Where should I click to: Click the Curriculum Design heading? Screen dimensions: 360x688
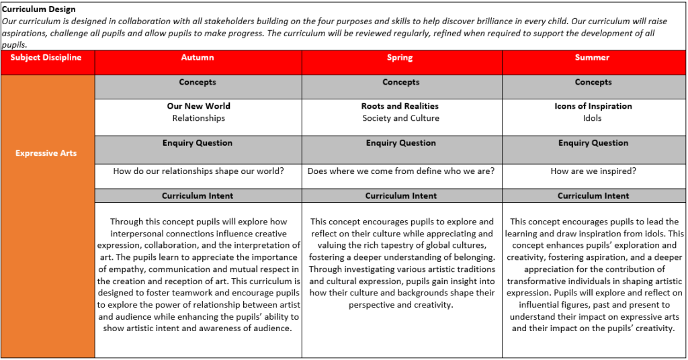tap(38, 9)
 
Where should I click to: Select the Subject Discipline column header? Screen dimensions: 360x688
tap(46, 58)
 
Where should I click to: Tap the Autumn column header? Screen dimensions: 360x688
tap(198, 58)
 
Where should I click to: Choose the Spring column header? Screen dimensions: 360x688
tap(400, 58)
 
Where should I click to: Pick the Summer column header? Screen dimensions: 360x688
tap(593, 58)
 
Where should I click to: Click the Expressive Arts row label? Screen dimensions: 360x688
tap(46, 153)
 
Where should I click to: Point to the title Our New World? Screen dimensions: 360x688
tap(198, 106)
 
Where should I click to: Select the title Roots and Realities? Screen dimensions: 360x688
tap(400, 106)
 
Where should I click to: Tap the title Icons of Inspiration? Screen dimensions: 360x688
tap(593, 106)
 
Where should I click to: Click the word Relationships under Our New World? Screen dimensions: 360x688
tap(198, 118)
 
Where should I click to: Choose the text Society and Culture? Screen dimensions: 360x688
tap(400, 118)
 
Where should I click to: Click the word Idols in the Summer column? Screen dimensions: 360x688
tap(593, 118)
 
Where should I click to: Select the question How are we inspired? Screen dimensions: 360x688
tap(593, 171)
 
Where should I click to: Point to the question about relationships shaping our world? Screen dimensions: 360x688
tap(198, 171)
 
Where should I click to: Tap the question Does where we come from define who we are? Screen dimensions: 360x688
tap(401, 171)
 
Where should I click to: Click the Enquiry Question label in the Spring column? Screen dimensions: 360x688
tap(400, 143)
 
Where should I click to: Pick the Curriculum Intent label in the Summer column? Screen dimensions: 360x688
tap(593, 196)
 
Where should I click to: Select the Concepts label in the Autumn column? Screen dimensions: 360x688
tap(198, 83)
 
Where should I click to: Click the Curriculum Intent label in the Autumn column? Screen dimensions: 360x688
tap(198, 196)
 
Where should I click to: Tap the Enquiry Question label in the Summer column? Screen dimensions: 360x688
tap(593, 143)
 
